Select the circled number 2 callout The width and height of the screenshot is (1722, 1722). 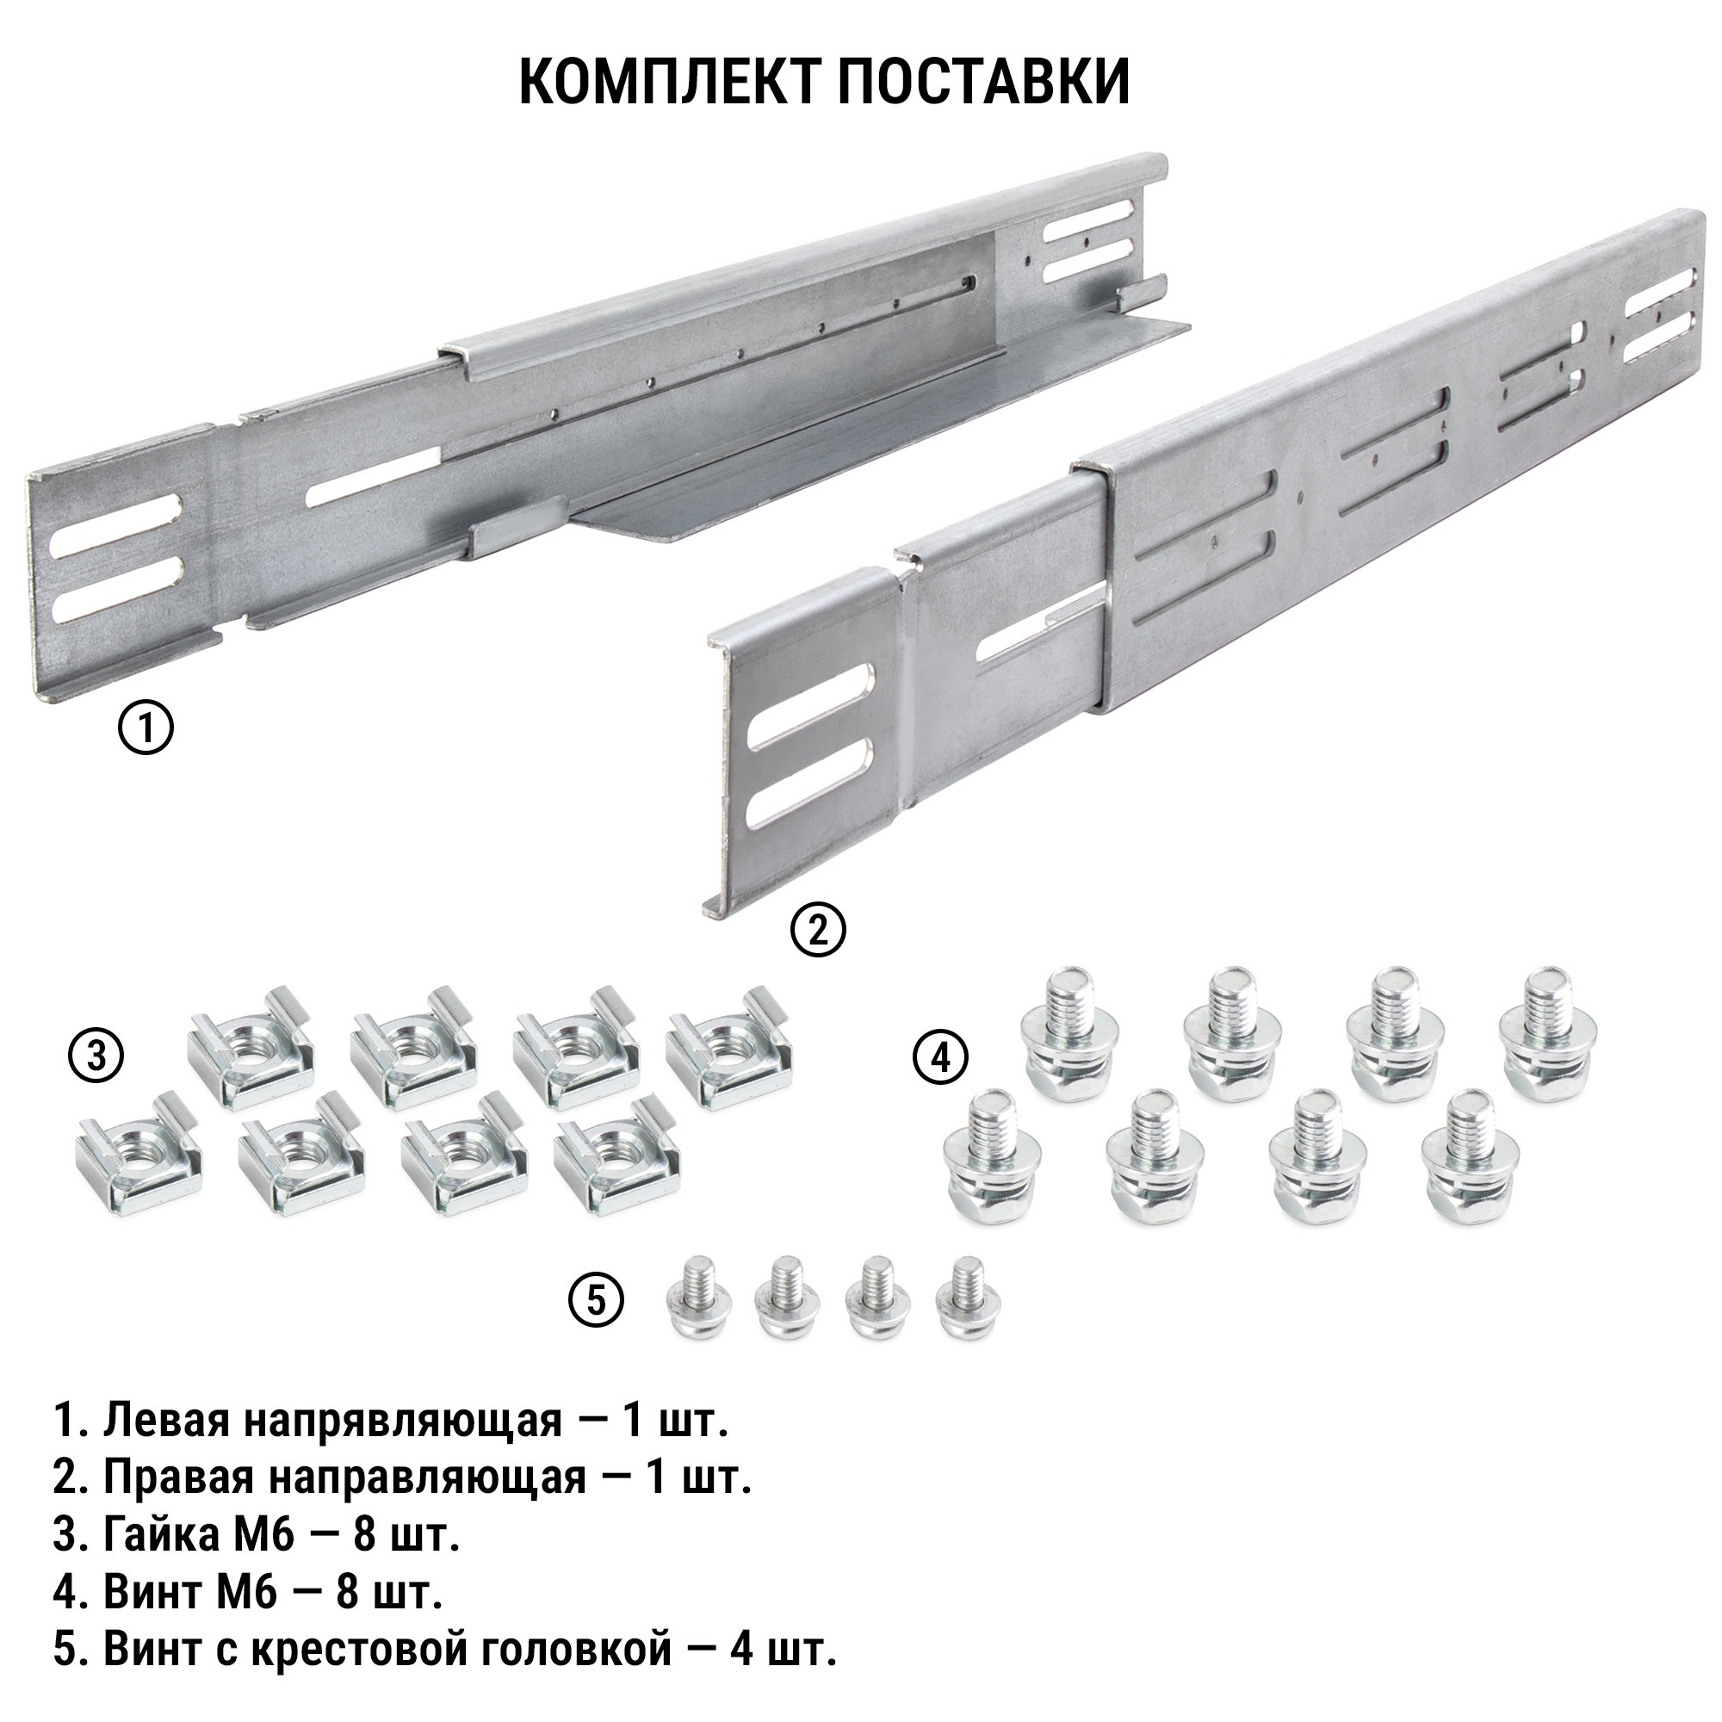pos(818,930)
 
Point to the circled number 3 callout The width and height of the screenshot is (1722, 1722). pos(96,1056)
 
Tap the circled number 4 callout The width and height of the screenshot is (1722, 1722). pos(940,1058)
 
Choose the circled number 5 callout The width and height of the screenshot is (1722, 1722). pos(597,1300)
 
